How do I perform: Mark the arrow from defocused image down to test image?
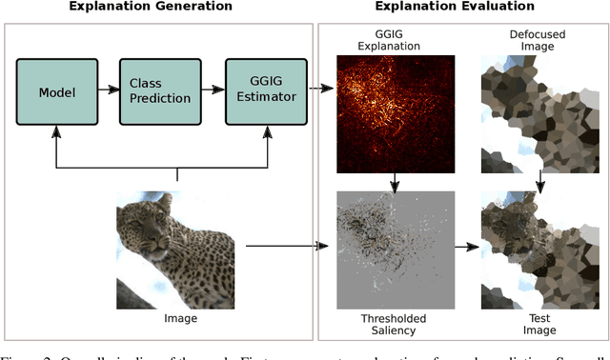click(x=539, y=178)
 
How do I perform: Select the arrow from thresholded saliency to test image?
click(x=465, y=248)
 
